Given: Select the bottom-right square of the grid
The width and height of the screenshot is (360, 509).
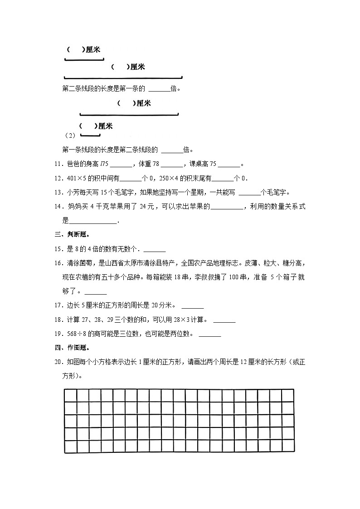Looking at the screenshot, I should (x=287, y=446).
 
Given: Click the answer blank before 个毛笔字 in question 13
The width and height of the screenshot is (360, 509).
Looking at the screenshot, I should (x=249, y=192).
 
